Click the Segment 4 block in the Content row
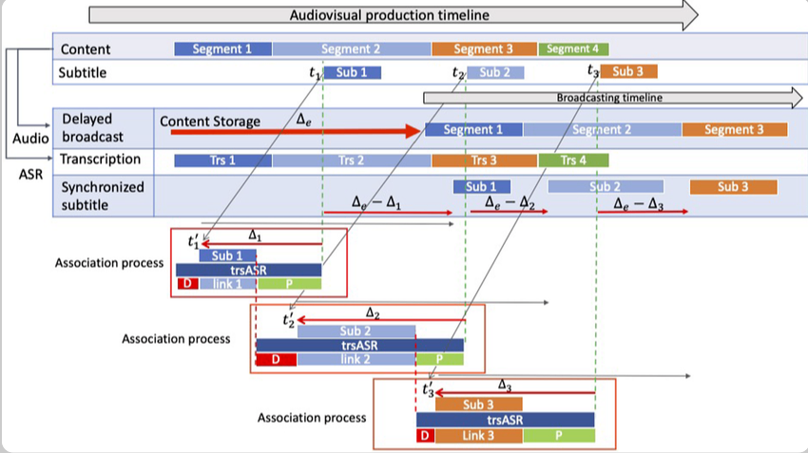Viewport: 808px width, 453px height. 573,48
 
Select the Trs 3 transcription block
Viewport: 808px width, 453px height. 484,160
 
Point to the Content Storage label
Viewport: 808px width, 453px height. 209,122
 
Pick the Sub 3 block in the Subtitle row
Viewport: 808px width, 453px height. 628,71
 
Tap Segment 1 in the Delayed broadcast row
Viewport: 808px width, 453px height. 473,129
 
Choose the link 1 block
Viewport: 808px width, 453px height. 228,284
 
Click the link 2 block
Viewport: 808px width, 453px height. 355,360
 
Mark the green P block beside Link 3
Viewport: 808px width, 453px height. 558,435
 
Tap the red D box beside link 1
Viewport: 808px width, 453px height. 187,284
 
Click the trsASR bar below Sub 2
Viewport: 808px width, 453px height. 359,346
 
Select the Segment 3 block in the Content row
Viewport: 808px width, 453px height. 484,48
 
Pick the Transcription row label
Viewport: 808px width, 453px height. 101,160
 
